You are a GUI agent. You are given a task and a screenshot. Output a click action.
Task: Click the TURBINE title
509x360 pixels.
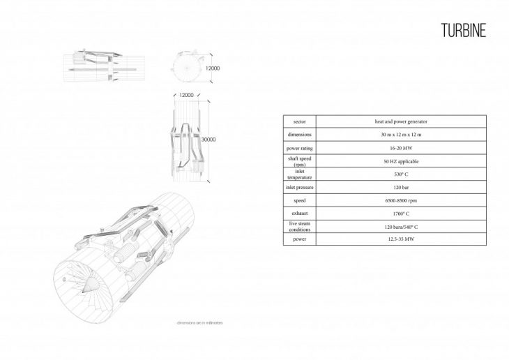(x=464, y=31)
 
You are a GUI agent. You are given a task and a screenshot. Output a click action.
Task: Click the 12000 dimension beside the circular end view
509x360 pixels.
(x=213, y=68)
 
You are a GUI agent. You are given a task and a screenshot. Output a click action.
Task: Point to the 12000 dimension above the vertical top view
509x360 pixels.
(x=186, y=94)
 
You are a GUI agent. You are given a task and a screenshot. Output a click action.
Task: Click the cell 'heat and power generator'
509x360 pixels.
(x=396, y=121)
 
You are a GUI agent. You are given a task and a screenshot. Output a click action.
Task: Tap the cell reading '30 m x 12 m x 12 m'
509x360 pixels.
(x=396, y=134)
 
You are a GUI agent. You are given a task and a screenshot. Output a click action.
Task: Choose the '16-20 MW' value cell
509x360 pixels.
(x=396, y=147)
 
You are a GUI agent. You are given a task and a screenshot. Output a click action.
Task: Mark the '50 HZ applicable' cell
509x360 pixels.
(x=396, y=160)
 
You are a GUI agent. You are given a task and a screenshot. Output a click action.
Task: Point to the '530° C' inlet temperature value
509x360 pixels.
(x=396, y=174)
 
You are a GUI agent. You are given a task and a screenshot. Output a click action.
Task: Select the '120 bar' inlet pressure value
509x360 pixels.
(x=396, y=187)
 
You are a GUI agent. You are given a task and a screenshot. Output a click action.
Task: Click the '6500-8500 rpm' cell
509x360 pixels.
(x=396, y=200)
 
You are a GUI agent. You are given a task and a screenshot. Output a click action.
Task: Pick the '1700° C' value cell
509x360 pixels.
(x=396, y=213)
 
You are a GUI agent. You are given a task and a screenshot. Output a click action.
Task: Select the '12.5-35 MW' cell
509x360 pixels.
(x=396, y=239)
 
